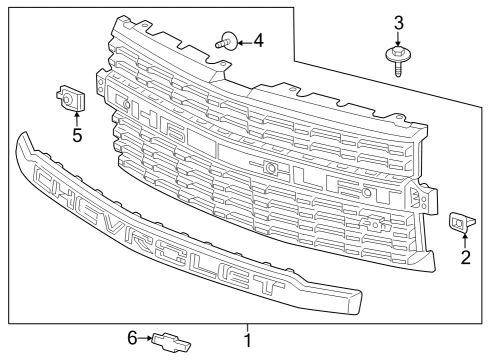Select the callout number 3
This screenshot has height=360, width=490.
[398, 22]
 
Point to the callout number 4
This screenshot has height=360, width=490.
[258, 40]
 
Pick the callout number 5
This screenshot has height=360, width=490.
[76, 134]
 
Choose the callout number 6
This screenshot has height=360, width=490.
[131, 339]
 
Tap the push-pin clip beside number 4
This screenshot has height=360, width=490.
[225, 42]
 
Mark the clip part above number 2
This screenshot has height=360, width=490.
[462, 223]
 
